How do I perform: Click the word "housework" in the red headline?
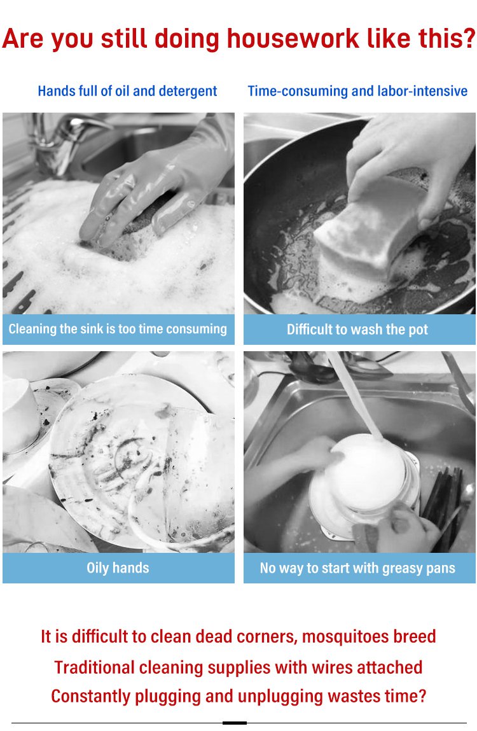[293, 38]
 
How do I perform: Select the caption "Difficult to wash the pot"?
[357, 330]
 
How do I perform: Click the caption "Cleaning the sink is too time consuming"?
[118, 329]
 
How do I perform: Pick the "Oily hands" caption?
[118, 568]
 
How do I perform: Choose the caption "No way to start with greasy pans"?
[357, 568]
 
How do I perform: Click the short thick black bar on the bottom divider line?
[235, 723]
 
